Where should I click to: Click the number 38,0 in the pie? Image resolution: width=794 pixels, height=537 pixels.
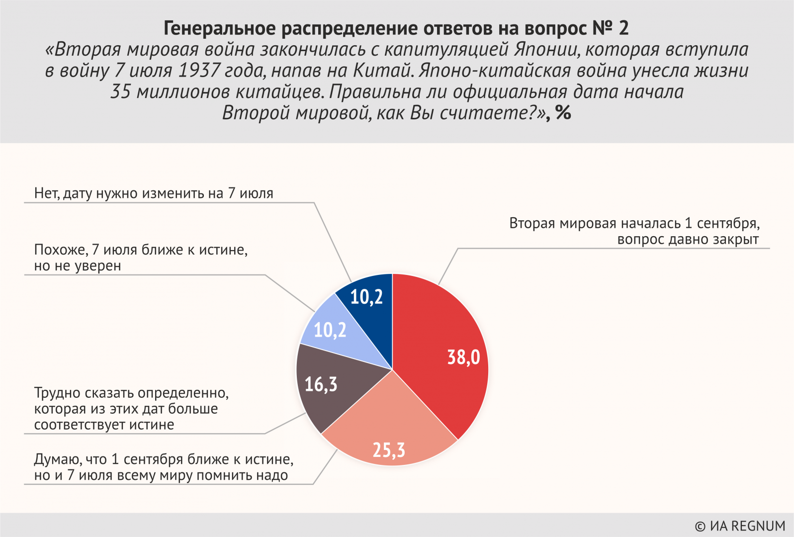pyautogui.click(x=463, y=357)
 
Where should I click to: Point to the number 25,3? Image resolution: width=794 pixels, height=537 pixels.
pyautogui.click(x=389, y=450)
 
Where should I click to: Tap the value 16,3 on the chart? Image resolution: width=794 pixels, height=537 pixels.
pyautogui.click(x=321, y=384)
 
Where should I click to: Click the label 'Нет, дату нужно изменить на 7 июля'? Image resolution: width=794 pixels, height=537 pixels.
pyautogui.click(x=154, y=193)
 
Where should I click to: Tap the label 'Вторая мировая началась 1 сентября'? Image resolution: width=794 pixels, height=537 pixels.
pyautogui.click(x=634, y=224)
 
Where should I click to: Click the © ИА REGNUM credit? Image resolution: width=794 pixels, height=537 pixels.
pyautogui.click(x=739, y=526)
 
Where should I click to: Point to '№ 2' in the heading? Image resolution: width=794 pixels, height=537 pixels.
pyautogui.click(x=610, y=28)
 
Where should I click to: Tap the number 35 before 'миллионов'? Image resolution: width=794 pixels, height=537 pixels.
pyautogui.click(x=120, y=91)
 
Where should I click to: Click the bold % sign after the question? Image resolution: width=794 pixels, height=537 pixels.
pyautogui.click(x=563, y=113)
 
